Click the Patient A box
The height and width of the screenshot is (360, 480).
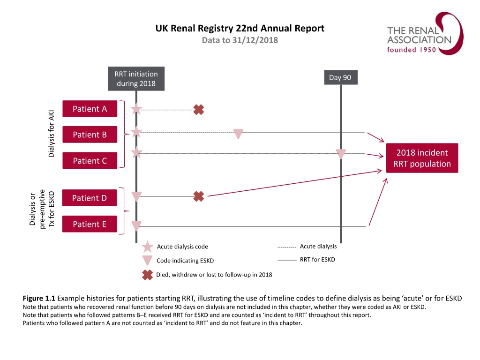tap(90, 109)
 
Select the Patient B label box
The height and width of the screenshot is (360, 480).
tap(90, 135)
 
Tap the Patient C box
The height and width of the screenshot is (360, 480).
tap(90, 161)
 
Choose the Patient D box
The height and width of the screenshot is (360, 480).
tap(90, 198)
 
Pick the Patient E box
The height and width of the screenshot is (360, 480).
tap(90, 224)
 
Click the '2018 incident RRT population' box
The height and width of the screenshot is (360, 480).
tap(422, 158)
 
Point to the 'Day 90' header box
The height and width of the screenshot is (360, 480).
tap(340, 77)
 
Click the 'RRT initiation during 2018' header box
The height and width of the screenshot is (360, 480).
tap(136, 79)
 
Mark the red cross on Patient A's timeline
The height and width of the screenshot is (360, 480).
tap(199, 110)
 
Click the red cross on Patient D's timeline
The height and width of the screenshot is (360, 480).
tap(199, 196)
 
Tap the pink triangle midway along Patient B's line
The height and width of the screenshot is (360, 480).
tap(238, 134)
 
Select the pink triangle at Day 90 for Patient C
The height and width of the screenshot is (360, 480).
tap(341, 154)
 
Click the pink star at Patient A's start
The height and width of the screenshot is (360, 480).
tap(136, 110)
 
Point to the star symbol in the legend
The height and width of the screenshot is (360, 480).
tap(147, 247)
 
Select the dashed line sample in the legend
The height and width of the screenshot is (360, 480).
tap(286, 247)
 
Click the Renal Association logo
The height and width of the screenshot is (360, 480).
tap(419, 33)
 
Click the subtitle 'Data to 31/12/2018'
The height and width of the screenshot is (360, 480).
tap(240, 40)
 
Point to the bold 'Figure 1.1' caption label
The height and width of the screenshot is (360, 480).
tap(39, 299)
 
